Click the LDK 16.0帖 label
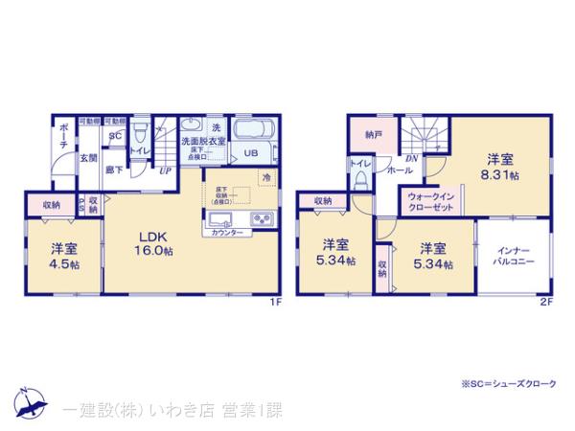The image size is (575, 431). [153, 243]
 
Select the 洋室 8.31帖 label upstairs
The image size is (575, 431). [501, 169]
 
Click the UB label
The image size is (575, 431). [249, 152]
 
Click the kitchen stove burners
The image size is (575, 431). [261, 219]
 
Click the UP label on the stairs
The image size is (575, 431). [165, 170]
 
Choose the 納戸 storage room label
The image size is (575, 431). [372, 136]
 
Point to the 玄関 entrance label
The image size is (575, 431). [83, 158]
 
